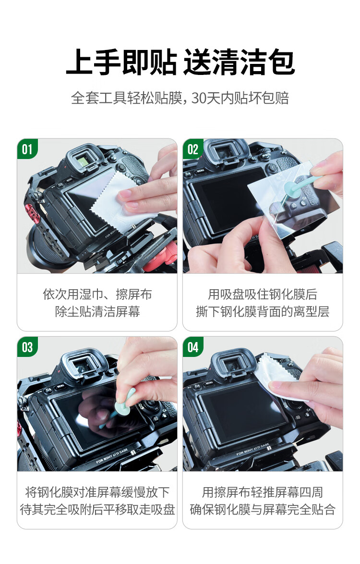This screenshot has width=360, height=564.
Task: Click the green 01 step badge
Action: pyautogui.click(x=27, y=149)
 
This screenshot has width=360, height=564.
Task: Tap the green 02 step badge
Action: pyautogui.click(x=192, y=149)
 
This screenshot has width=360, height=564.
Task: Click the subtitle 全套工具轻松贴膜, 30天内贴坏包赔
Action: pyautogui.click(x=180, y=98)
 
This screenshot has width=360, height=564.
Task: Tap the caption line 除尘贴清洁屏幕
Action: pyautogui.click(x=97, y=312)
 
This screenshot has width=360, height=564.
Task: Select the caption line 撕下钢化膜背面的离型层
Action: pyautogui.click(x=263, y=312)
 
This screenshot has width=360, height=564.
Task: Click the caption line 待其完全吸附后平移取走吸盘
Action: pyautogui.click(x=97, y=510)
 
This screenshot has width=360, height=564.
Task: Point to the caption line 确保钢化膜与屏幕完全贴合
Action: pyautogui.click(x=263, y=510)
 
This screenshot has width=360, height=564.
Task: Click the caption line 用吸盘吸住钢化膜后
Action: pyautogui.click(x=263, y=294)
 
